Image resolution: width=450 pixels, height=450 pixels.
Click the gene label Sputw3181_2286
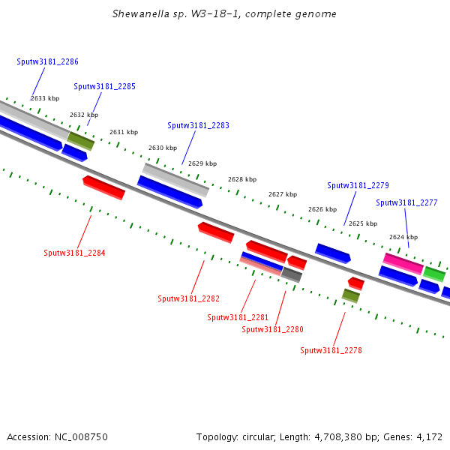pyautogui.click(x=47, y=61)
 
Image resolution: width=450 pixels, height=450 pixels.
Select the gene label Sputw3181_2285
pyautogui.click(x=104, y=86)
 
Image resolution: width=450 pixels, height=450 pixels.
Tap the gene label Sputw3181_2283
pyautogui.click(x=198, y=125)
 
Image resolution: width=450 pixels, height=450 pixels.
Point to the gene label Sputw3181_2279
pyautogui.click(x=358, y=185)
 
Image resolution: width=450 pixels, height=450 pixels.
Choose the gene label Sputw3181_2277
pyautogui.click(x=406, y=202)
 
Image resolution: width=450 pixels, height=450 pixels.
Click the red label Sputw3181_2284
pyautogui.click(x=74, y=253)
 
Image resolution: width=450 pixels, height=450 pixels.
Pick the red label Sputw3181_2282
pyautogui.click(x=188, y=298)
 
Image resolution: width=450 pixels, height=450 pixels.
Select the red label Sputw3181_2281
pyautogui.click(x=238, y=317)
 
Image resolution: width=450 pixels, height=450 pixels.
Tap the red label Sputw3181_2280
pyautogui.click(x=272, y=329)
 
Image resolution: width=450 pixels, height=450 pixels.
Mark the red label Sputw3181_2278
pyautogui.click(x=331, y=350)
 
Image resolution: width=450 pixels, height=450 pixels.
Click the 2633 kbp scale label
pyautogui.click(x=45, y=98)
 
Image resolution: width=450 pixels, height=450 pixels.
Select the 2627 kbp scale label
pyautogui.click(x=283, y=194)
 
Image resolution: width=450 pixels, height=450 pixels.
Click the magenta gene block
pyautogui.click(x=403, y=263)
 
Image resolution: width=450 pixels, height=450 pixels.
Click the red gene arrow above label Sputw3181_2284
pyautogui.click(x=103, y=187)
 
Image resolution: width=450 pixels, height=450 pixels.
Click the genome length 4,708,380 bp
pyautogui.click(x=342, y=436)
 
